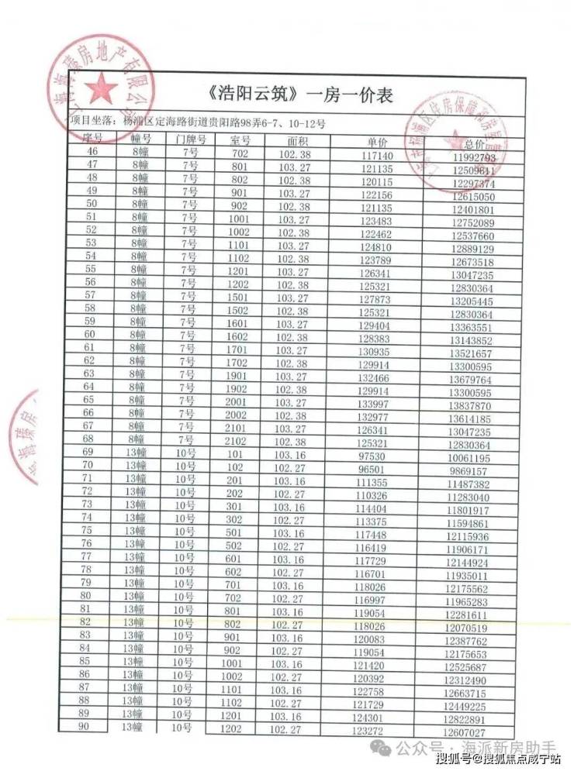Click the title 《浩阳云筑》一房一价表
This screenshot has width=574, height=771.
302,95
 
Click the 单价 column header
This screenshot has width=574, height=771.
379,143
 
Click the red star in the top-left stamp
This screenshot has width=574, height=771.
99,90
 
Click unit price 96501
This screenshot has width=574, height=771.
369,470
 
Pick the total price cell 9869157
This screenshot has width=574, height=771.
469,471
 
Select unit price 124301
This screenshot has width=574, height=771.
370,718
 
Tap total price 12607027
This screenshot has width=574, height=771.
465,732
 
